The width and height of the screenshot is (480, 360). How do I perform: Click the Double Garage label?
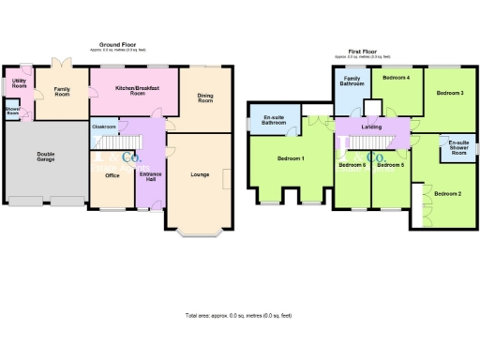tap(45, 157)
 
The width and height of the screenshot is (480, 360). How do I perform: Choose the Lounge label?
tap(200, 174)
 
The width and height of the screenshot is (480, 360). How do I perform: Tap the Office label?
tap(112, 175)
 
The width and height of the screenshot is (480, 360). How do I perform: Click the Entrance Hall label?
tap(150, 178)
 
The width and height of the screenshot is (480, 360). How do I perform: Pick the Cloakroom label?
tap(104, 126)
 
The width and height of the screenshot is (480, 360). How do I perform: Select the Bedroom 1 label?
tap(291, 158)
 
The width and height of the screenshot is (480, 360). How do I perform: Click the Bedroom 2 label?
tap(447, 193)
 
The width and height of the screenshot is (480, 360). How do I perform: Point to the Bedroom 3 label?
tap(450, 93)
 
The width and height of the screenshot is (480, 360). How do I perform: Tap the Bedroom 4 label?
tap(397, 77)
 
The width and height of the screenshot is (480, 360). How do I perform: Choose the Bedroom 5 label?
tap(390, 165)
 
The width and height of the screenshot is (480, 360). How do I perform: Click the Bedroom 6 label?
tap(352, 165)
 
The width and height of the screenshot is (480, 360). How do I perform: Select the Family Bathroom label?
tap(351, 86)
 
